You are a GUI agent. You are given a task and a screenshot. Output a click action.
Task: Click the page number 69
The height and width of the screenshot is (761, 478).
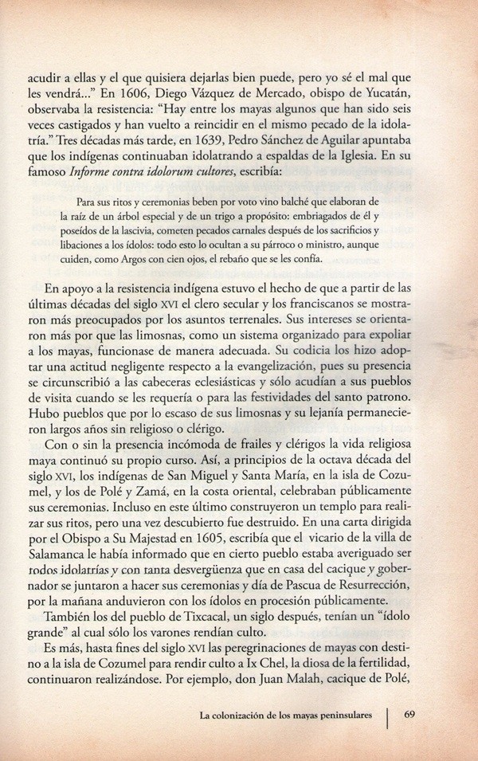412,714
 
